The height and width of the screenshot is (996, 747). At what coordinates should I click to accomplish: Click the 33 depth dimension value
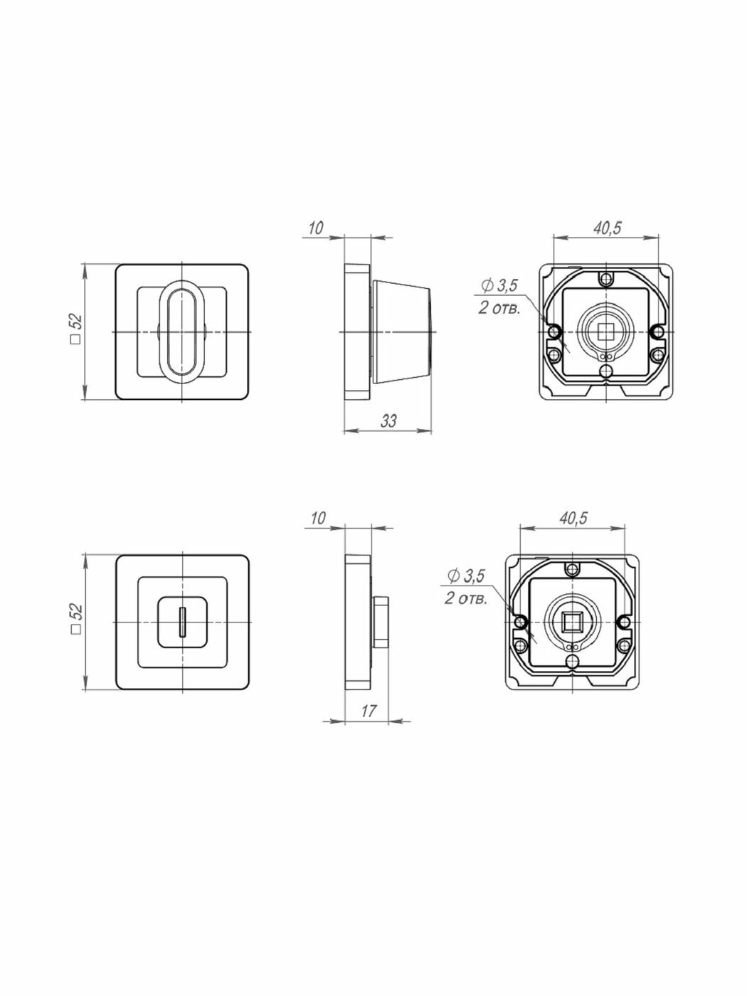[x=388, y=420]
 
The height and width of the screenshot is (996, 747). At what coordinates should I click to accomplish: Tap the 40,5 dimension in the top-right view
[x=607, y=228]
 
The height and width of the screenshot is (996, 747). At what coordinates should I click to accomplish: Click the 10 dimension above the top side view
[x=316, y=228]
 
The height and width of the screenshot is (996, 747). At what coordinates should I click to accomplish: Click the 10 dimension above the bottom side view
[x=317, y=517]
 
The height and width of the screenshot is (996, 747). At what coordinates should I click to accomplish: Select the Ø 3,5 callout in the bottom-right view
[x=465, y=575]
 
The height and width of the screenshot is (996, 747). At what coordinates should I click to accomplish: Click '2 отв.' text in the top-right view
[x=499, y=309]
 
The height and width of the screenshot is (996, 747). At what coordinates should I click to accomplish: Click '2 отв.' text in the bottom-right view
[x=466, y=598]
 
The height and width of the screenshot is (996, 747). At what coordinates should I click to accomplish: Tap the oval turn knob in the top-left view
[x=183, y=332]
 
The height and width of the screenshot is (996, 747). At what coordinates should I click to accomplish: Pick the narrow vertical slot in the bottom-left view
[x=183, y=622]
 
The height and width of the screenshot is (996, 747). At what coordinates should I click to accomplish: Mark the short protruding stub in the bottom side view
[x=379, y=622]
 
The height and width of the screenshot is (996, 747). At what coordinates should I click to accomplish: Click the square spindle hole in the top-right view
[x=606, y=330]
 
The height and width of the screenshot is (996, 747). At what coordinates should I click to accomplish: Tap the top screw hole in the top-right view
[x=606, y=279]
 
